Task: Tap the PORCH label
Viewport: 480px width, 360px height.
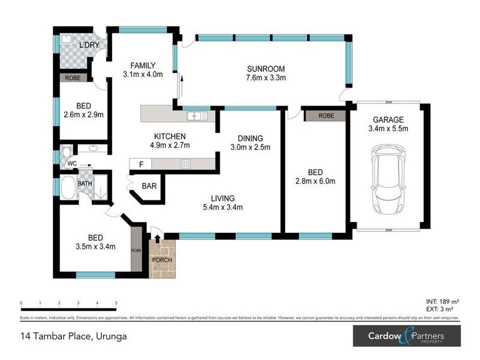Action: pyautogui.click(x=161, y=260)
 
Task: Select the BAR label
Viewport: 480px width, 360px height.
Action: pyautogui.click(x=149, y=187)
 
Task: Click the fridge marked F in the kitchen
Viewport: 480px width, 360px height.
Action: pyautogui.click(x=141, y=164)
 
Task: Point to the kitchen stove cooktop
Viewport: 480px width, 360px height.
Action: pyautogui.click(x=185, y=164)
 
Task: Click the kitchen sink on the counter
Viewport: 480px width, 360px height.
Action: pyautogui.click(x=197, y=115)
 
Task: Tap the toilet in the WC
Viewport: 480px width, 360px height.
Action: pyautogui.click(x=66, y=150)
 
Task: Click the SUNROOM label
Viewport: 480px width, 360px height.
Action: pyautogui.click(x=265, y=68)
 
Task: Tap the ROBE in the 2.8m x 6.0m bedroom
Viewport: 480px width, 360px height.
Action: pyautogui.click(x=326, y=115)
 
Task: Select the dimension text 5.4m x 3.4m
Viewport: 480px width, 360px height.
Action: pyautogui.click(x=222, y=208)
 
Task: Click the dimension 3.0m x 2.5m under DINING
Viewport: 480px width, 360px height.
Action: pyautogui.click(x=251, y=147)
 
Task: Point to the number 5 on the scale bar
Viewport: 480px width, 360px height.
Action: pyautogui.click(x=116, y=303)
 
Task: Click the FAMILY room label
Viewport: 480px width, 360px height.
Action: pyautogui.click(x=143, y=65)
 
